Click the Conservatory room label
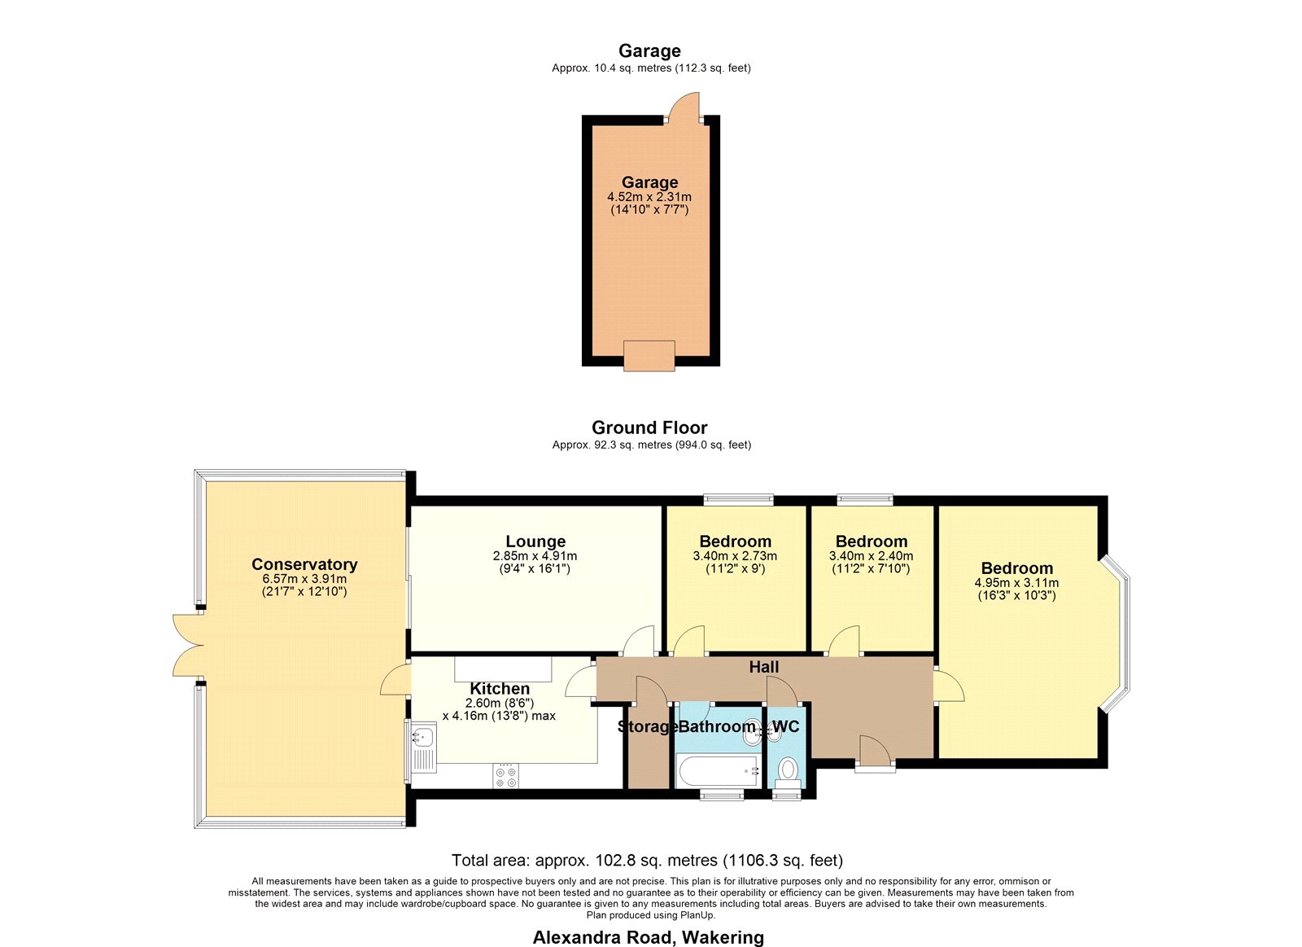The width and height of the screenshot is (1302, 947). tap(304, 564)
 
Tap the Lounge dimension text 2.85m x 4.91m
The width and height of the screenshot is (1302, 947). tap(535, 556)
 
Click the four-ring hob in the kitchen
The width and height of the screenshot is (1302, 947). tap(505, 776)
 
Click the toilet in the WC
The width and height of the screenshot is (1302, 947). tap(788, 769)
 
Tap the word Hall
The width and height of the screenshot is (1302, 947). tap(764, 667)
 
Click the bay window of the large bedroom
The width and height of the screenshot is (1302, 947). tap(1117, 634)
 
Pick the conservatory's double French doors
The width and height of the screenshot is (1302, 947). tap(186, 645)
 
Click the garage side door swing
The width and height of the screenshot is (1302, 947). tap(684, 107)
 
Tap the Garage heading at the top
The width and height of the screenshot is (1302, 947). tap(650, 51)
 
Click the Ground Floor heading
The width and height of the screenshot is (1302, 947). tap(650, 428)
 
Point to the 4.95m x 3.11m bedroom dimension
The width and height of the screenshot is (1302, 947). tap(1016, 583)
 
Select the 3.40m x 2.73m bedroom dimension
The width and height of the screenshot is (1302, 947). tap(735, 556)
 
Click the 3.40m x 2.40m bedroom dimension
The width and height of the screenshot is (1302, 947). tap(871, 556)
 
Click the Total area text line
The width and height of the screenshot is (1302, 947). tap(648, 861)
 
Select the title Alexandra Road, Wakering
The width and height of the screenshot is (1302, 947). tap(649, 937)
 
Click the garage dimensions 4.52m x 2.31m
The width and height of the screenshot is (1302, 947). tap(649, 197)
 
